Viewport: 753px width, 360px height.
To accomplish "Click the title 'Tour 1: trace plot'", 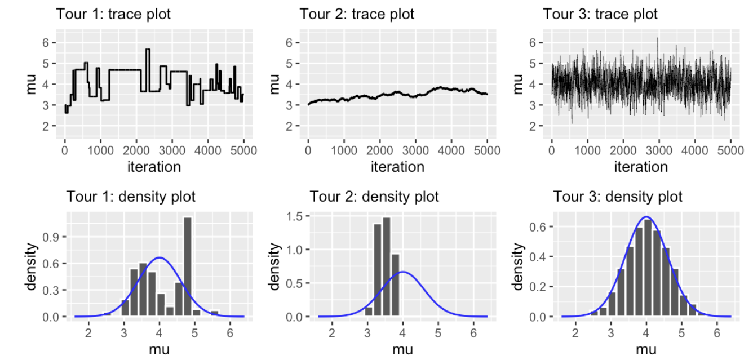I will point(113,14).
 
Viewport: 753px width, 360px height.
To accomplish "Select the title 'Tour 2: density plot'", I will point(374,197).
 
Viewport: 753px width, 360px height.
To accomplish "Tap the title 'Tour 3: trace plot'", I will point(600,14).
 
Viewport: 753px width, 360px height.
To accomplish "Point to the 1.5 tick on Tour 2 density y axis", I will point(295,216).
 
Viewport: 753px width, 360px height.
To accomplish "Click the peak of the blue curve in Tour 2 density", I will point(403,272).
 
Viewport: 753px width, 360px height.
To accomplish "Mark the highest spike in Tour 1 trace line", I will point(147,50).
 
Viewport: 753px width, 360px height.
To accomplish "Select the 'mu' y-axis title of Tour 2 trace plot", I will point(274,84).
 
